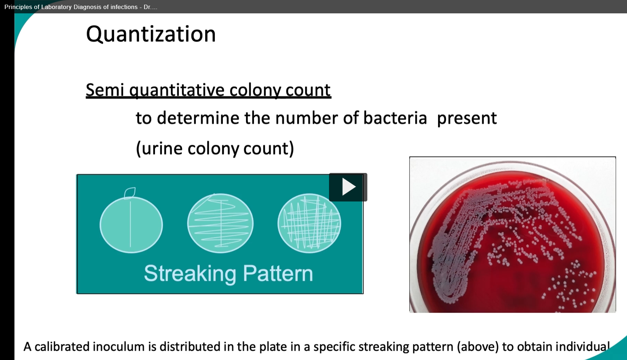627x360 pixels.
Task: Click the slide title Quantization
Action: coord(151,34)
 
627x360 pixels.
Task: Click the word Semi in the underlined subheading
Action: coord(105,90)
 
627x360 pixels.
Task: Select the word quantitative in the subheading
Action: coord(177,90)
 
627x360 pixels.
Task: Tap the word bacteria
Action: coord(395,118)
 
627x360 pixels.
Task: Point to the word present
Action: coord(467,118)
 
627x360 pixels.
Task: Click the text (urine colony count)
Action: coord(215,148)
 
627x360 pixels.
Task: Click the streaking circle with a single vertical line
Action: coord(131,225)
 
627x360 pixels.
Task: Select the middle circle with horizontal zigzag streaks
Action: coord(220,223)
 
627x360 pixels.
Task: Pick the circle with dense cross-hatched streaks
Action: coord(309,223)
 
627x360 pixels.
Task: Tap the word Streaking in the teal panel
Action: coord(190,273)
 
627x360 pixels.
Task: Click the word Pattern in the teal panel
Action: coord(278,273)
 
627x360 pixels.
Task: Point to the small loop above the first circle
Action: coord(130,193)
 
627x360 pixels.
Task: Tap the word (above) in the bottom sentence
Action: coord(478,347)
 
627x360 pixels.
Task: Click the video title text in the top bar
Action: coord(81,7)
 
